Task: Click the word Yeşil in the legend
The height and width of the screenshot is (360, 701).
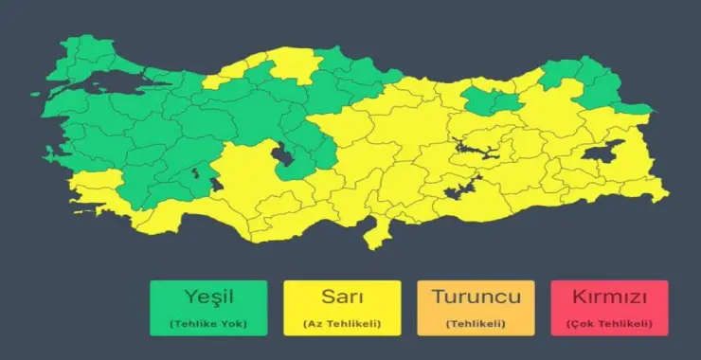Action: pos(208,296)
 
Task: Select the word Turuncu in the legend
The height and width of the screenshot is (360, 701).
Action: pos(476,296)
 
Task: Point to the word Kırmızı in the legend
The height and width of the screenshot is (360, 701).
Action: pos(609,296)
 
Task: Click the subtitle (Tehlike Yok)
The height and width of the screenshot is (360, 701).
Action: pos(208,324)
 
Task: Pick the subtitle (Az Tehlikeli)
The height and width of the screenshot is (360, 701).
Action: pos(342,324)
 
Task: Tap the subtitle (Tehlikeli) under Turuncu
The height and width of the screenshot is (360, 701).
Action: pos(476,324)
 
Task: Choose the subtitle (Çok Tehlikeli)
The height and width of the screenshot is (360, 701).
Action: pos(609,324)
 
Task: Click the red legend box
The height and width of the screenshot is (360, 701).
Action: pos(609,307)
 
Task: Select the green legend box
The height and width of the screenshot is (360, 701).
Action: pos(208,307)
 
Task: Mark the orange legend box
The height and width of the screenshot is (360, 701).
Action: pos(476,307)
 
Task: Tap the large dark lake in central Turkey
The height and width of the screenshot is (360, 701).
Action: pos(283,156)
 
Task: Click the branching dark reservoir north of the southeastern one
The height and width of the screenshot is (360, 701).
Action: pos(471,147)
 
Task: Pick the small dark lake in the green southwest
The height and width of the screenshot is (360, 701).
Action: pos(198,172)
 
